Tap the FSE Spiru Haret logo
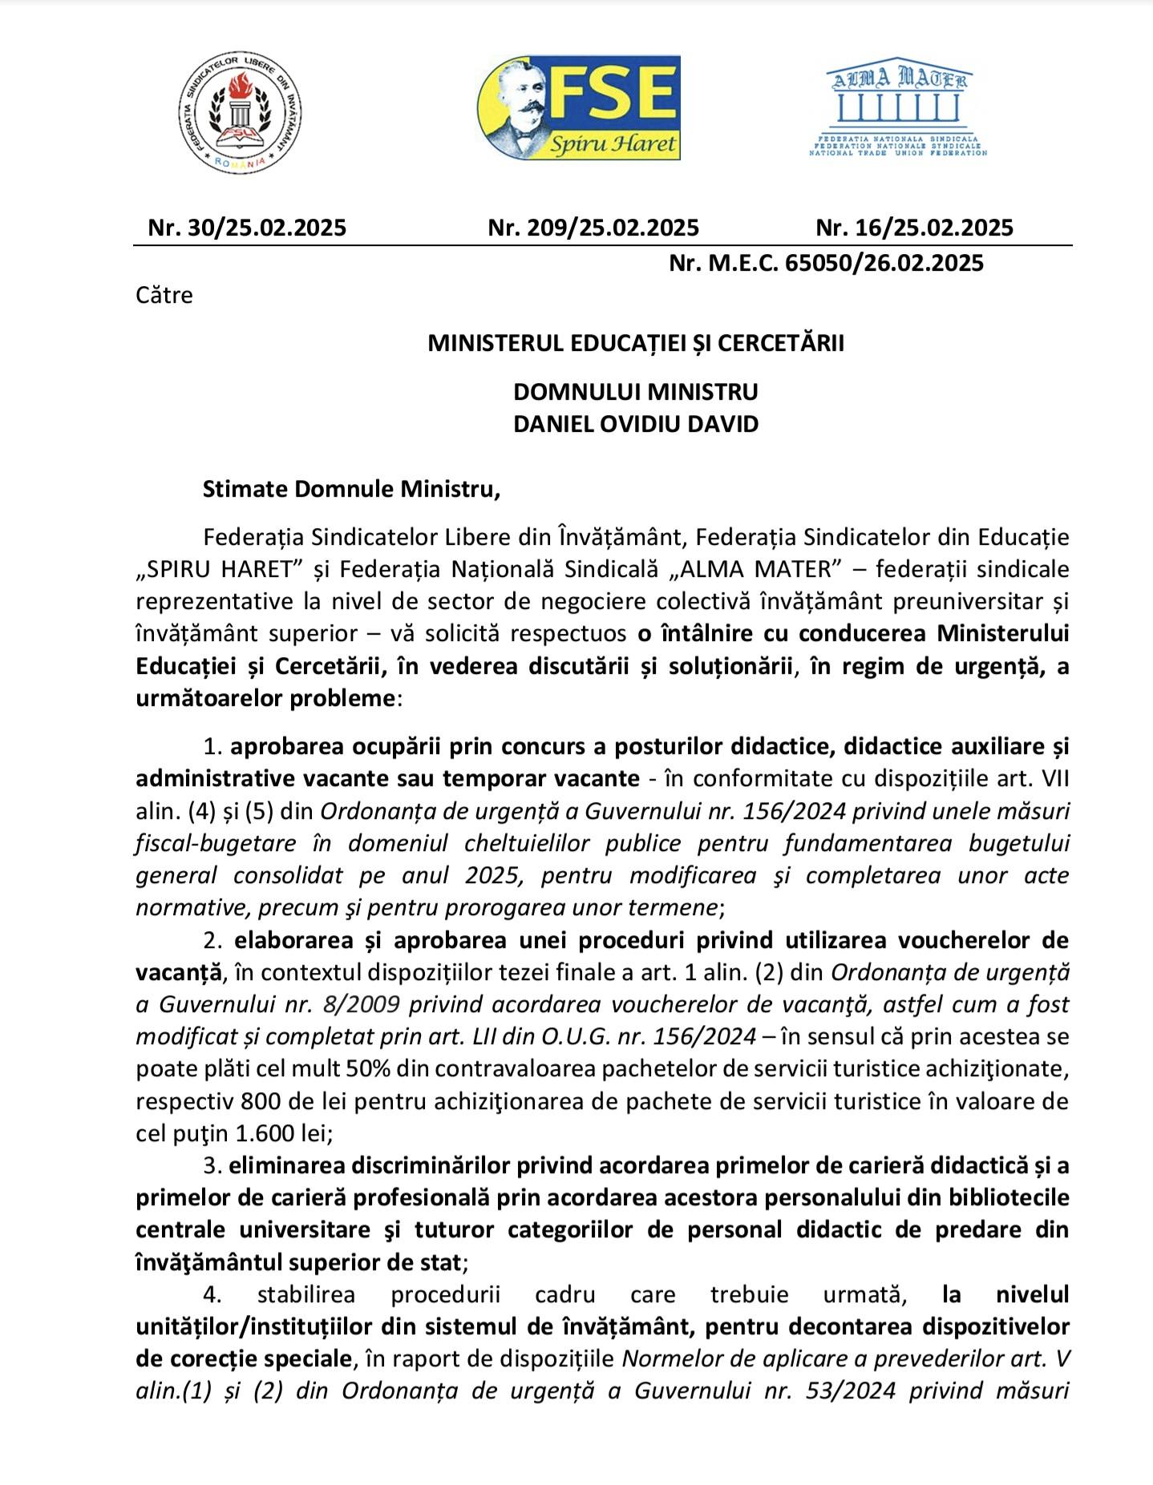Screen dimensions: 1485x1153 coord(579,107)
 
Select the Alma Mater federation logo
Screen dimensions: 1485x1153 coord(897,110)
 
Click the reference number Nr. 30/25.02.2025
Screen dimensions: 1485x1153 coord(247,228)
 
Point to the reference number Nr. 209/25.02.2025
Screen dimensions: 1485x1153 coord(593,228)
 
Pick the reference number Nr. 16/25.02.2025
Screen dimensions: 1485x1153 coord(914,228)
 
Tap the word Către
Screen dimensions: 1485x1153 coord(164,296)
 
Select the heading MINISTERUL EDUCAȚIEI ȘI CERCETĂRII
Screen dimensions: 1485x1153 coord(636,344)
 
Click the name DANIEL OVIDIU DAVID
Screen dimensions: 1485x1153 coord(636,424)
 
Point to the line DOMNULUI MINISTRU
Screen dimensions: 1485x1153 coord(636,392)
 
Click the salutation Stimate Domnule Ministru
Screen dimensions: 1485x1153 coord(351,489)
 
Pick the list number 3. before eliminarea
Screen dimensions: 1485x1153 coord(212,1165)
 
